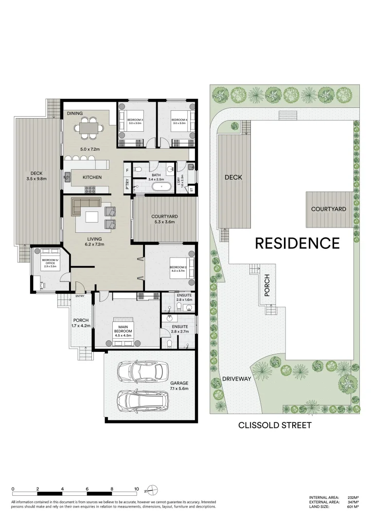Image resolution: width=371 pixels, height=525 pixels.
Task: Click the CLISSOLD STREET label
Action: [274, 425]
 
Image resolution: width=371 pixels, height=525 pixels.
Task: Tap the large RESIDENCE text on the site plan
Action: [297, 243]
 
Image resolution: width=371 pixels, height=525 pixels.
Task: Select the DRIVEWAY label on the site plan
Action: [236, 379]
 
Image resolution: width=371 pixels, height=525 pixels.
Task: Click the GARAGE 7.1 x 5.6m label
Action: [179, 385]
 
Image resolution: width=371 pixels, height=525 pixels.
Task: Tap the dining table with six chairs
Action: [88, 128]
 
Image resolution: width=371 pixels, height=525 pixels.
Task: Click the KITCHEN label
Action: [92, 177]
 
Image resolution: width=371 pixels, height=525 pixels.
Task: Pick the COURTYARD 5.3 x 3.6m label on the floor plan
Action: [163, 219]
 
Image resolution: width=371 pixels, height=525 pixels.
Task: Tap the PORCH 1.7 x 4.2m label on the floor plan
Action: [80, 323]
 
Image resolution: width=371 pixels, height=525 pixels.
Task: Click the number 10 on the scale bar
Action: [137, 489]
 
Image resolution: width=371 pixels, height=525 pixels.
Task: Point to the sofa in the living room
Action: [86, 205]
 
